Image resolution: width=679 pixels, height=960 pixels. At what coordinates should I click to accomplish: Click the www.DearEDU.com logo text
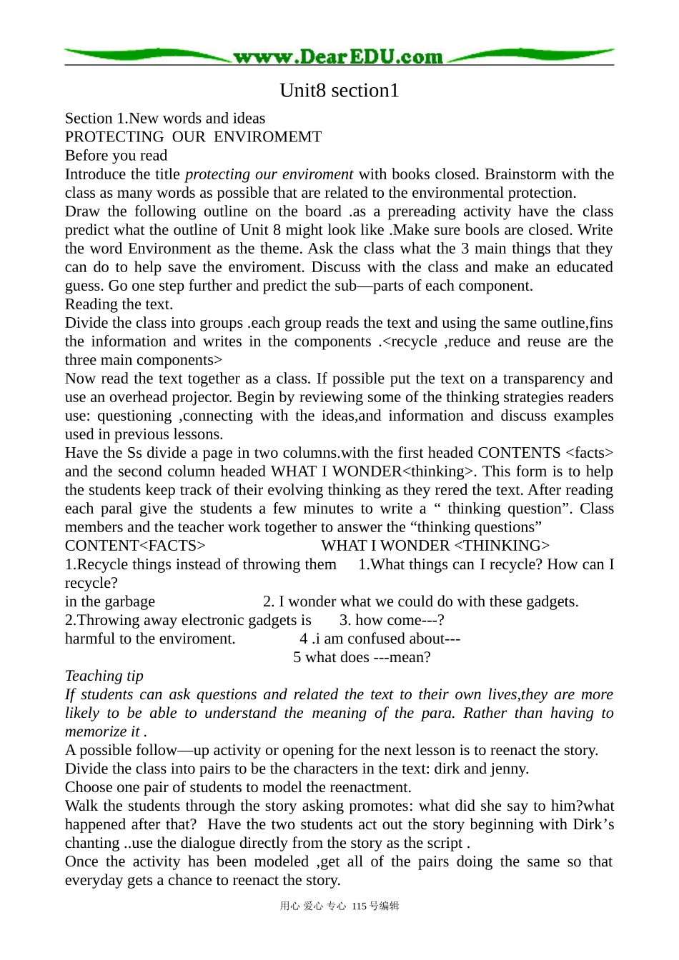coord(338,56)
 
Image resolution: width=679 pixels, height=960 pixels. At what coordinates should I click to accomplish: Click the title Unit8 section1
coord(339,91)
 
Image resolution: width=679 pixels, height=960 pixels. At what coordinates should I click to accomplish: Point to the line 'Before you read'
coord(116,156)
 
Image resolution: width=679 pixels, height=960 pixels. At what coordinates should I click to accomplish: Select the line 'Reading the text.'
coord(119,304)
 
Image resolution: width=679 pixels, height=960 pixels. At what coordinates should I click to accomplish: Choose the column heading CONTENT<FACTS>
coord(135,546)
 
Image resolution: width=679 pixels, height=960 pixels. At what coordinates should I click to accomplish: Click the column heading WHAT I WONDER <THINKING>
coord(435,546)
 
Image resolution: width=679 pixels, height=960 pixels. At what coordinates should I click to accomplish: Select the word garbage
coord(129,601)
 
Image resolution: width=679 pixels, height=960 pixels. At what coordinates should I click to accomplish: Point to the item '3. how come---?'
coord(392,620)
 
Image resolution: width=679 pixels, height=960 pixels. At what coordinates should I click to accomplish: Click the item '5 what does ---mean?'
coord(362,657)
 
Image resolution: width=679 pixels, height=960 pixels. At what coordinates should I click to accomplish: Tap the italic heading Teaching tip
coord(104,676)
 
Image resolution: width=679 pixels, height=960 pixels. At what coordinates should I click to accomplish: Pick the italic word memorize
coord(96,731)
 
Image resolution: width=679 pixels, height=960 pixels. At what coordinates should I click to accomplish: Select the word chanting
coord(92,843)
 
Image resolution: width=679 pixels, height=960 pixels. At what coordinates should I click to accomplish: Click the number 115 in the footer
coord(359,906)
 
